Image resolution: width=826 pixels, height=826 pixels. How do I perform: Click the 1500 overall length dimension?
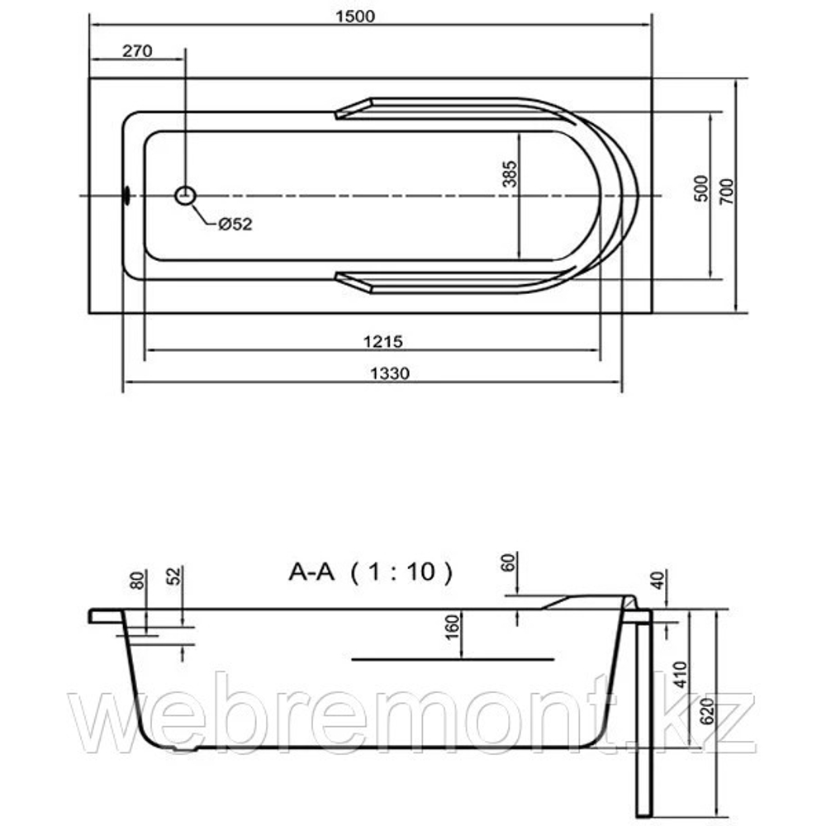(355, 17)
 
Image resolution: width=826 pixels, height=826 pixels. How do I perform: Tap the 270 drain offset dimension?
(137, 51)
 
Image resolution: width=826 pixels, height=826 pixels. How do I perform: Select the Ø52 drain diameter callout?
(235, 225)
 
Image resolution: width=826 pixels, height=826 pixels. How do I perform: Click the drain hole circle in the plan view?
(185, 196)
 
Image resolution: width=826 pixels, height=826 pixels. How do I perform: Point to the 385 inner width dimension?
(510, 174)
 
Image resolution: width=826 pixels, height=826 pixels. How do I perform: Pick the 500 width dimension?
(701, 188)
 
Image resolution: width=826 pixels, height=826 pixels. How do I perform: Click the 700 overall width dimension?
(726, 192)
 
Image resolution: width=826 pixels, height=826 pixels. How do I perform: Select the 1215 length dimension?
(383, 342)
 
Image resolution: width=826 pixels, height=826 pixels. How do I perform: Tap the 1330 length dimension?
(390, 373)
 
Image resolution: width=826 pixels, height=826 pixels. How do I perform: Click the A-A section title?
(311, 572)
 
